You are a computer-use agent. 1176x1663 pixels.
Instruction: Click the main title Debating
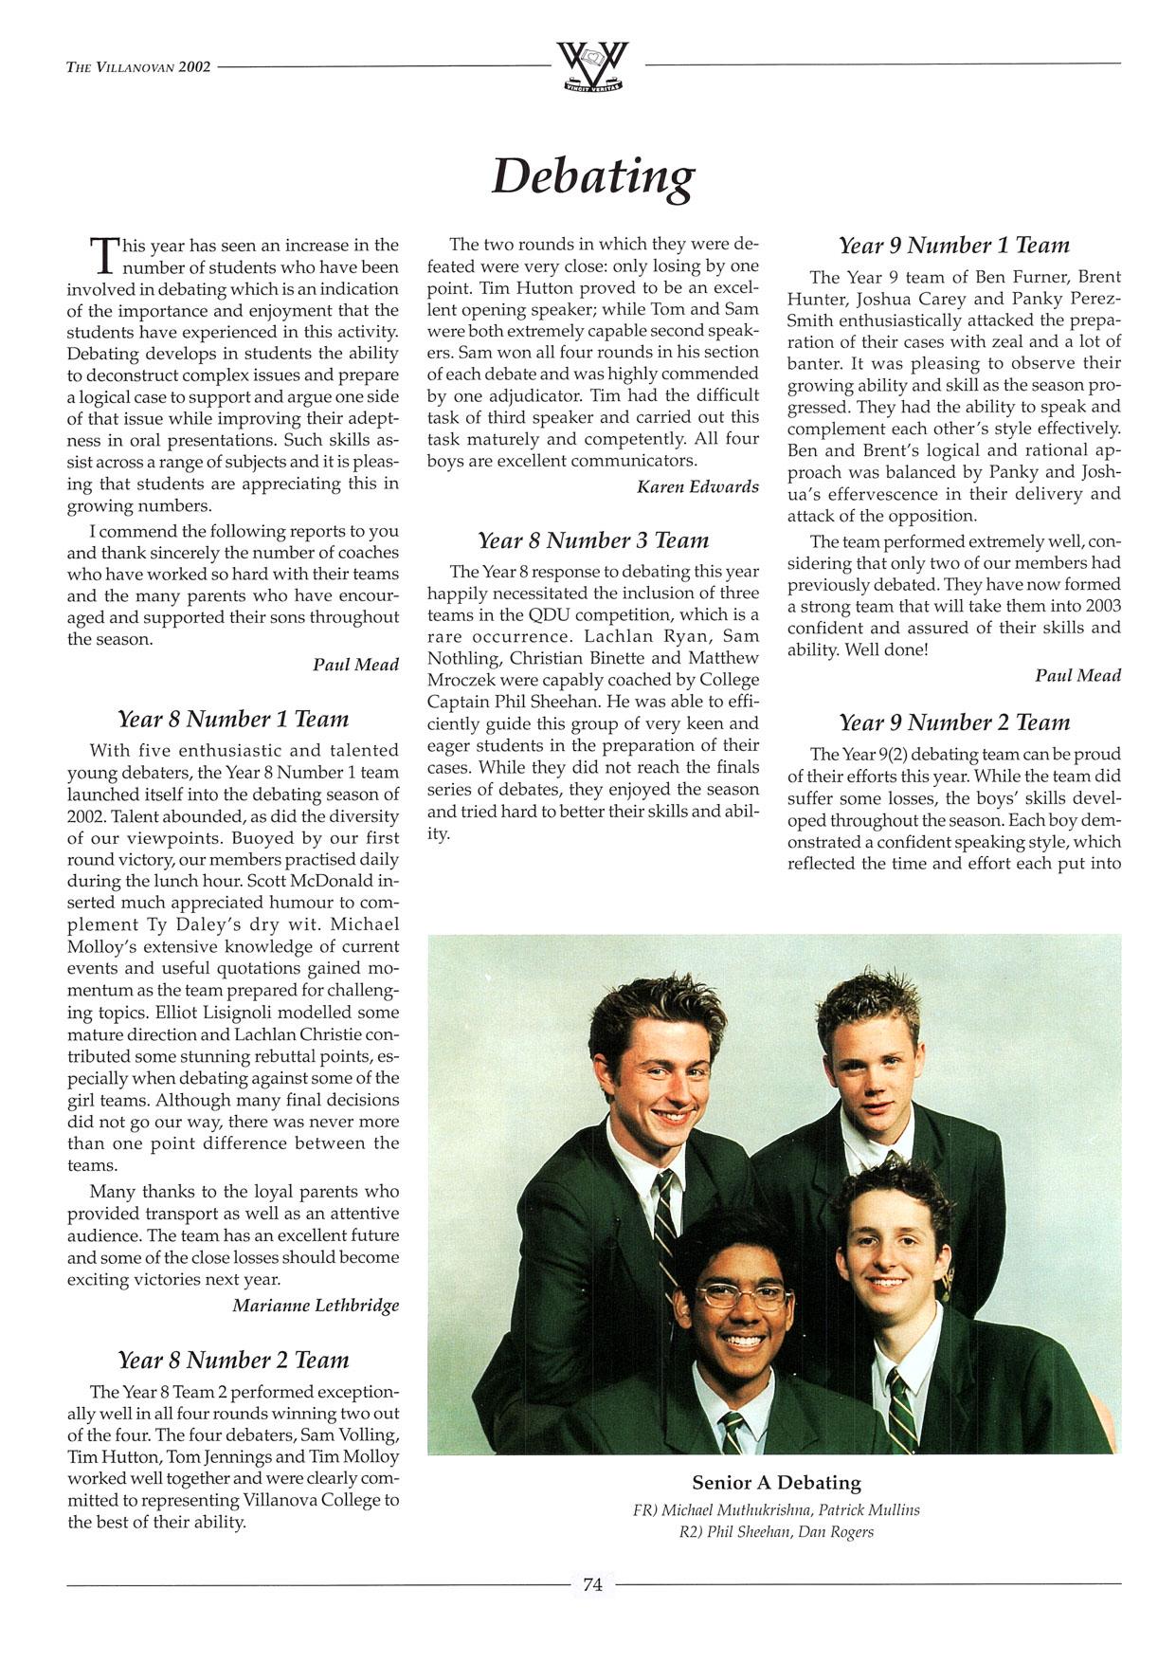click(x=593, y=176)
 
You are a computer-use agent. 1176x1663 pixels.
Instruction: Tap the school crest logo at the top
click(x=592, y=65)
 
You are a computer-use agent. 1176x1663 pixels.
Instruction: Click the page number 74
click(x=593, y=1584)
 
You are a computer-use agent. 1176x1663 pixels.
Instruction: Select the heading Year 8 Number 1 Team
click(x=233, y=719)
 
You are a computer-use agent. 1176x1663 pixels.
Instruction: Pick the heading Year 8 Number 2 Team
click(x=233, y=1360)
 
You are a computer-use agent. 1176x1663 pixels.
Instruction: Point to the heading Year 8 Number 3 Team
click(x=593, y=540)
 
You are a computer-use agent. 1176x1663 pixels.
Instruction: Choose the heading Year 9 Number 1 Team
click(x=953, y=246)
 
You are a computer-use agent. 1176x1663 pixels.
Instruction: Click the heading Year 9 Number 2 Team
click(x=953, y=722)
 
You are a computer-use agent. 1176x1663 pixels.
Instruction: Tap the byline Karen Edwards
click(x=697, y=486)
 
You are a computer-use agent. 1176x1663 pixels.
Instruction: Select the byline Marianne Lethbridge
click(x=316, y=1306)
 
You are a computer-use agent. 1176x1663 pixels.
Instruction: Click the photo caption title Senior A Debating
click(x=776, y=1483)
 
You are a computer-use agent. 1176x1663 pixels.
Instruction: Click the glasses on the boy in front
click(x=743, y=1295)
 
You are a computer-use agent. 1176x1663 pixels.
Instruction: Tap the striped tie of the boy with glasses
click(x=732, y=1432)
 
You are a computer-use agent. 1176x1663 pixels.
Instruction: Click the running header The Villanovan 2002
click(x=138, y=67)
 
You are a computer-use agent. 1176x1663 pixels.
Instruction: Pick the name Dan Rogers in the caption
click(x=836, y=1532)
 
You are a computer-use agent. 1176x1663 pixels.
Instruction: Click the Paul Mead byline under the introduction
click(x=355, y=665)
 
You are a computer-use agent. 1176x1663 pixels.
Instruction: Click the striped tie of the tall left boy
click(x=666, y=1223)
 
